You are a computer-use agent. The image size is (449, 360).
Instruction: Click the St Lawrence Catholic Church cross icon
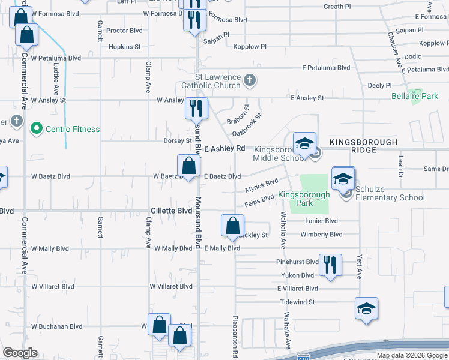(250, 79)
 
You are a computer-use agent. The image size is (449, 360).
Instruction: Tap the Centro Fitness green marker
(36, 128)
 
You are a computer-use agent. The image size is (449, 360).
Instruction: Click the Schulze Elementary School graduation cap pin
(343, 179)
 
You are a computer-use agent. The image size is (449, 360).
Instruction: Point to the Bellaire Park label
(415, 96)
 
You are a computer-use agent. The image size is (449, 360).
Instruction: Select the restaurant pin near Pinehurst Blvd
(330, 265)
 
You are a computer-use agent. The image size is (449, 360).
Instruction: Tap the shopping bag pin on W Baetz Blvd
(188, 166)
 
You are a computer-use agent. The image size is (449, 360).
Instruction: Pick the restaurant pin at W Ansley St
(196, 109)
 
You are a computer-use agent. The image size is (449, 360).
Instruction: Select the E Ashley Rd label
(225, 148)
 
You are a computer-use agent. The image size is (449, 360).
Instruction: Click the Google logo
(20, 353)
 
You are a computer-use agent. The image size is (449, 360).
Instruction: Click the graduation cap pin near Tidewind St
(366, 308)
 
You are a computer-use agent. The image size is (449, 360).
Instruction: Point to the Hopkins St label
(125, 46)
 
